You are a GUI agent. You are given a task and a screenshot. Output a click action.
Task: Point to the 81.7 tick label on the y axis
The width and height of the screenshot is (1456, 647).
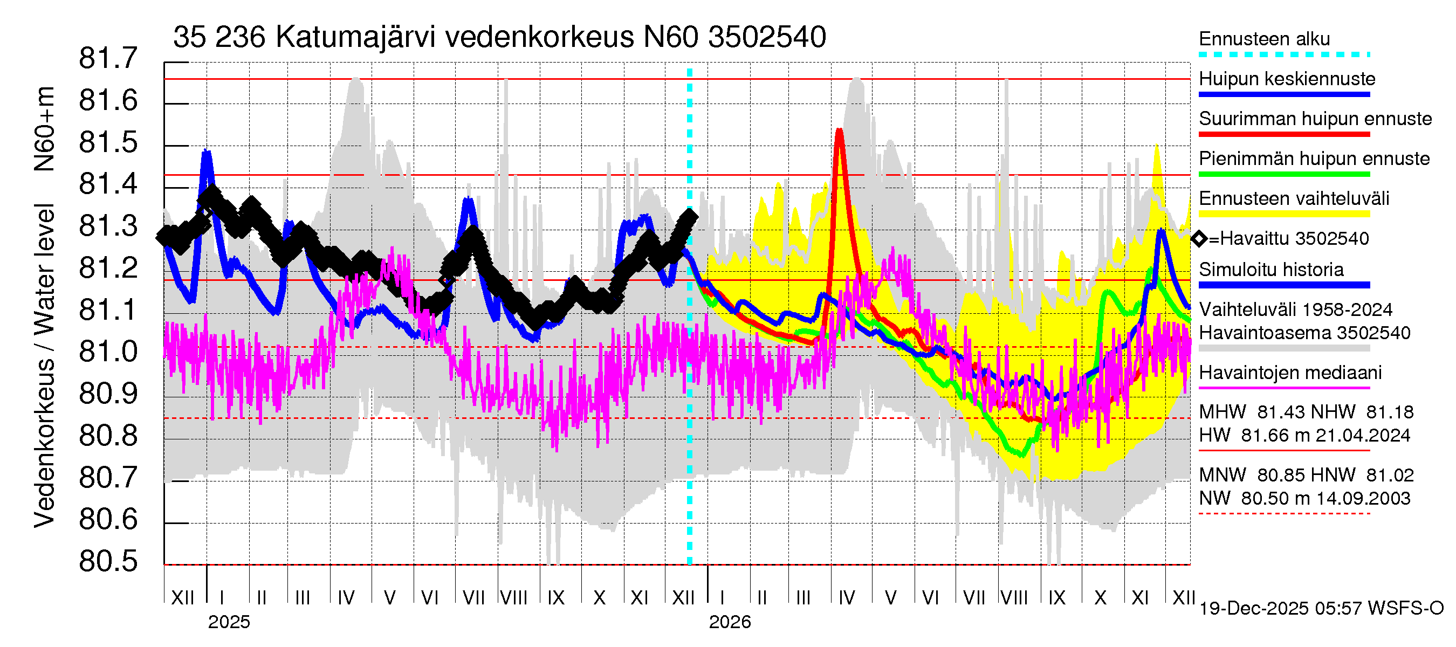tap(108, 58)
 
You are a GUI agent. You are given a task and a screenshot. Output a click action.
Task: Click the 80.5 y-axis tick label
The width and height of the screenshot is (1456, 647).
tap(108, 561)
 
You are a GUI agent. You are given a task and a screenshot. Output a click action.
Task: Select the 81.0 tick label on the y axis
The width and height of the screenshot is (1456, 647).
tap(108, 352)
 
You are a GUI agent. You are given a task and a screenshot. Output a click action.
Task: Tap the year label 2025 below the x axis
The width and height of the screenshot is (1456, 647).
tap(228, 622)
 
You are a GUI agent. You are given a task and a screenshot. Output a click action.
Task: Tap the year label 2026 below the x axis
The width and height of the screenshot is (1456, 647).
tap(729, 622)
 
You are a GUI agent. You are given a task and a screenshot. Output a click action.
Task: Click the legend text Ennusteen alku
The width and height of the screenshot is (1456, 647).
tap(1264, 39)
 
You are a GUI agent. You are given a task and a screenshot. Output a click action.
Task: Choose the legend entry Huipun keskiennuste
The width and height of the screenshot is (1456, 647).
tap(1287, 79)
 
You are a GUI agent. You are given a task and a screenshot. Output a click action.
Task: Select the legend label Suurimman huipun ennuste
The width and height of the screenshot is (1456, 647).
tap(1315, 119)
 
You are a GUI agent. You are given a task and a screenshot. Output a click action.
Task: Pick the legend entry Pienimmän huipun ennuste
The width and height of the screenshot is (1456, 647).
tap(1314, 159)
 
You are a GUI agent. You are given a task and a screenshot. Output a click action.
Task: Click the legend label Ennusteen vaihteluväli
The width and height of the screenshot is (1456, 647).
tap(1293, 199)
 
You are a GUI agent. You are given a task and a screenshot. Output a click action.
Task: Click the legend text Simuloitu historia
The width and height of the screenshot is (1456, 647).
tap(1270, 270)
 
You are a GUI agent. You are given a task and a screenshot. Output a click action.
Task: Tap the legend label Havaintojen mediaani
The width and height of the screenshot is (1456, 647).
tap(1290, 373)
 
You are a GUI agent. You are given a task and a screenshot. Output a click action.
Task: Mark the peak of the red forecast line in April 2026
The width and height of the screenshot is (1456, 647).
tap(839, 130)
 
